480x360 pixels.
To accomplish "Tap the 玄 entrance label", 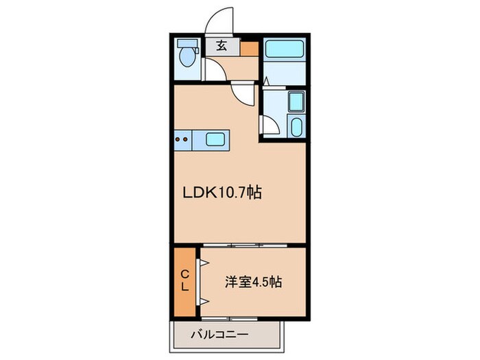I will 222,47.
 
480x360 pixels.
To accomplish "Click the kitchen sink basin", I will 219,140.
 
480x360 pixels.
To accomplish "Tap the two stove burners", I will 182,140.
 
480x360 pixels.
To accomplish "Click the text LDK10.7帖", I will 221,193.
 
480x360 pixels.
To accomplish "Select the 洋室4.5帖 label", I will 254,281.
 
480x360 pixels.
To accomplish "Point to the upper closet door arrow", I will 204,262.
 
